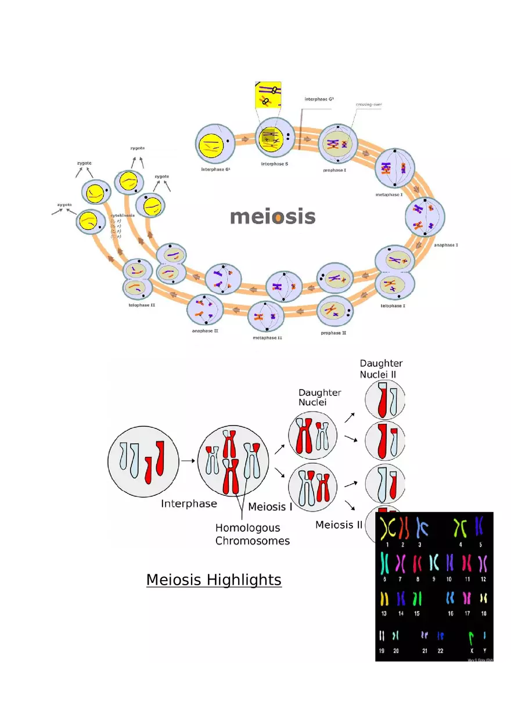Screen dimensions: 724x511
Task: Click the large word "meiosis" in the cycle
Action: [272, 217]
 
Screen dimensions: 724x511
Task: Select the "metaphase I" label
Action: [389, 194]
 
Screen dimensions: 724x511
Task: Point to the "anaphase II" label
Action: [205, 331]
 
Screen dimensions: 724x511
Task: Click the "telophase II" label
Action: [142, 304]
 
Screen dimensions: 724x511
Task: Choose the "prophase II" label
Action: [333, 333]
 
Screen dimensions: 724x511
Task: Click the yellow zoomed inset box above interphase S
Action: [268, 96]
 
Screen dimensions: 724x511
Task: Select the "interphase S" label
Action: [274, 164]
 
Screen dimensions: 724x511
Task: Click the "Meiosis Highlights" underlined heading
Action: [214, 579]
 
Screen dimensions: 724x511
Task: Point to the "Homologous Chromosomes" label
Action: [253, 534]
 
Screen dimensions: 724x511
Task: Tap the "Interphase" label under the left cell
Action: [189, 504]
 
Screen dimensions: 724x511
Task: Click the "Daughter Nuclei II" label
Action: [381, 369]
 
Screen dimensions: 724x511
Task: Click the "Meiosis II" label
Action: [339, 525]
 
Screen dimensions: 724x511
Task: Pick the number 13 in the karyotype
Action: [384, 613]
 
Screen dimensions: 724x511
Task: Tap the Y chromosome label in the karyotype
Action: [484, 651]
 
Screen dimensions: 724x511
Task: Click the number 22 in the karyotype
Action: [440, 651]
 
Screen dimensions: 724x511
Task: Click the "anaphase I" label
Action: [446, 245]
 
